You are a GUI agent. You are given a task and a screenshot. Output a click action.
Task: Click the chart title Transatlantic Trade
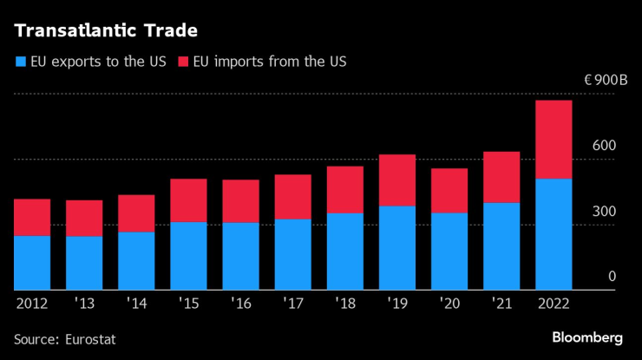(105, 31)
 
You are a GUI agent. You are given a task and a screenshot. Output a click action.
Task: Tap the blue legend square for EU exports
(20, 62)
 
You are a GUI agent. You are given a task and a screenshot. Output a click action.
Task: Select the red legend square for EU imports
(183, 62)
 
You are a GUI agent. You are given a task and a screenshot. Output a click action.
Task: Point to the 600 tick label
(605, 146)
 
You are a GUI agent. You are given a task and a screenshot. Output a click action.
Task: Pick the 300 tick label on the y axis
(605, 212)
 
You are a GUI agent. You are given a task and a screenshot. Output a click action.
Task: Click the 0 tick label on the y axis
(611, 277)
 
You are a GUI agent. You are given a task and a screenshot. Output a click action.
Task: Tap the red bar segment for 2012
(32, 218)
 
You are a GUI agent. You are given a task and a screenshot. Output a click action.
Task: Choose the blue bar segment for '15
(188, 256)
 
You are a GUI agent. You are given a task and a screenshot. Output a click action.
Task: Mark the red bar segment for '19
(396, 180)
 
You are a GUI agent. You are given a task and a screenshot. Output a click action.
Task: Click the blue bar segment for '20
(449, 252)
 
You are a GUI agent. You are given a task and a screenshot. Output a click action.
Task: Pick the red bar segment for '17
(292, 197)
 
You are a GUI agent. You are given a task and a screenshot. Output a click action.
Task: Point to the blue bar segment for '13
(84, 263)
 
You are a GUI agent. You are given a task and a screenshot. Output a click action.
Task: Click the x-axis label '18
(344, 304)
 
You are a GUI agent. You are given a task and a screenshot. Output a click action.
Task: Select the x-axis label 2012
(32, 304)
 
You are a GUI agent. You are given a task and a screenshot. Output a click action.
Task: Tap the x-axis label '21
(501, 304)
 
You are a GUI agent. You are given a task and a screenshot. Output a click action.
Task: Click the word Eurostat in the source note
(89, 339)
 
